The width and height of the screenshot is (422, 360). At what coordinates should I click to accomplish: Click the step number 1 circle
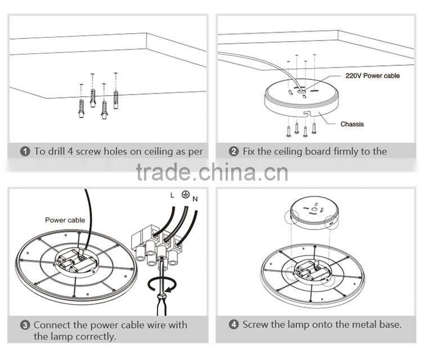pyautogui.click(x=25, y=151)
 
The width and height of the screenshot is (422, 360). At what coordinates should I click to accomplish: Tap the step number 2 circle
pyautogui.click(x=234, y=151)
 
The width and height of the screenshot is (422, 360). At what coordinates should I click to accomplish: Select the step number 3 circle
pyautogui.click(x=25, y=325)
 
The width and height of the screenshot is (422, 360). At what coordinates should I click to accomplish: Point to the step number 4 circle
pyautogui.click(x=234, y=325)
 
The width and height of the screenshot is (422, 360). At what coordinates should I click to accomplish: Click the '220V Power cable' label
pyautogui.click(x=372, y=75)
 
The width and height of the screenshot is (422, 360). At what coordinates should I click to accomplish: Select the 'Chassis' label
pyautogui.click(x=352, y=124)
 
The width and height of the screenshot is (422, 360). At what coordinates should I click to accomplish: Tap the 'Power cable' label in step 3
pyautogui.click(x=65, y=220)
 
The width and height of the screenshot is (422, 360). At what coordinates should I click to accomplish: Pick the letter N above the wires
pyautogui.click(x=195, y=199)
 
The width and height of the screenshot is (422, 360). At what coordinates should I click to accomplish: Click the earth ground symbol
pyautogui.click(x=183, y=194)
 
